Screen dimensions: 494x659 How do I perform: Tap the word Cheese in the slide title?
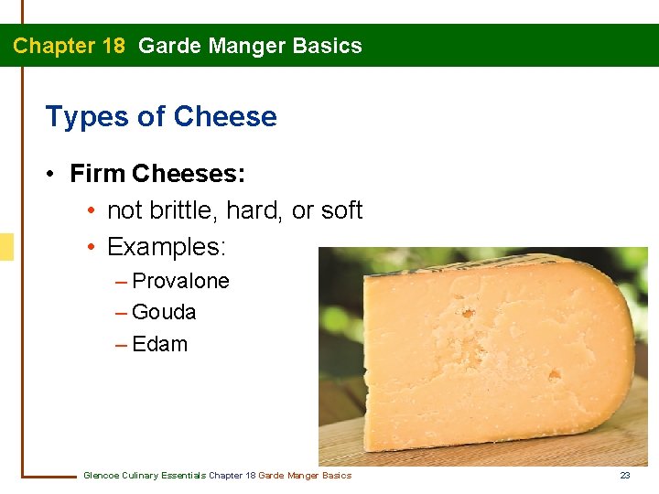[x=225, y=117]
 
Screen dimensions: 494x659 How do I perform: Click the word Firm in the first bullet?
[x=97, y=173]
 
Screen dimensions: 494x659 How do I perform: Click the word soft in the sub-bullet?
[x=341, y=210]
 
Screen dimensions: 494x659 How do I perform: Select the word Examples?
[x=166, y=247]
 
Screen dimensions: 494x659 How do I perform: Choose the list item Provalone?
[x=180, y=281]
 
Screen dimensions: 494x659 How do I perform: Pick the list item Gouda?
[x=164, y=312]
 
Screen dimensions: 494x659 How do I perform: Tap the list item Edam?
[x=159, y=344]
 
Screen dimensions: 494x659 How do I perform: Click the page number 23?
[x=625, y=475]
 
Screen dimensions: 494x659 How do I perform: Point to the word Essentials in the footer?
[x=183, y=475]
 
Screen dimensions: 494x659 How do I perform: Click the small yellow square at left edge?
[x=6, y=247]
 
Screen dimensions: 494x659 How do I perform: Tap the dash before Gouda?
[x=122, y=313]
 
